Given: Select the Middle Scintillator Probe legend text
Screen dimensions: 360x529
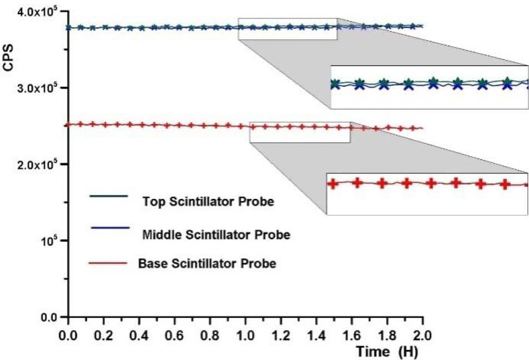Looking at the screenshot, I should [x=216, y=234].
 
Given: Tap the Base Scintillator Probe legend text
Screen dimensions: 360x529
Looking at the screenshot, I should [x=207, y=264].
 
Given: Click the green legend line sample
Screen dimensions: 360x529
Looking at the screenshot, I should [x=108, y=196].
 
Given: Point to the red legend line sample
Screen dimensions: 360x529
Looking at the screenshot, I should [x=108, y=260].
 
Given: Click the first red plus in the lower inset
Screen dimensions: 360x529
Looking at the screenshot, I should [x=333, y=183].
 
